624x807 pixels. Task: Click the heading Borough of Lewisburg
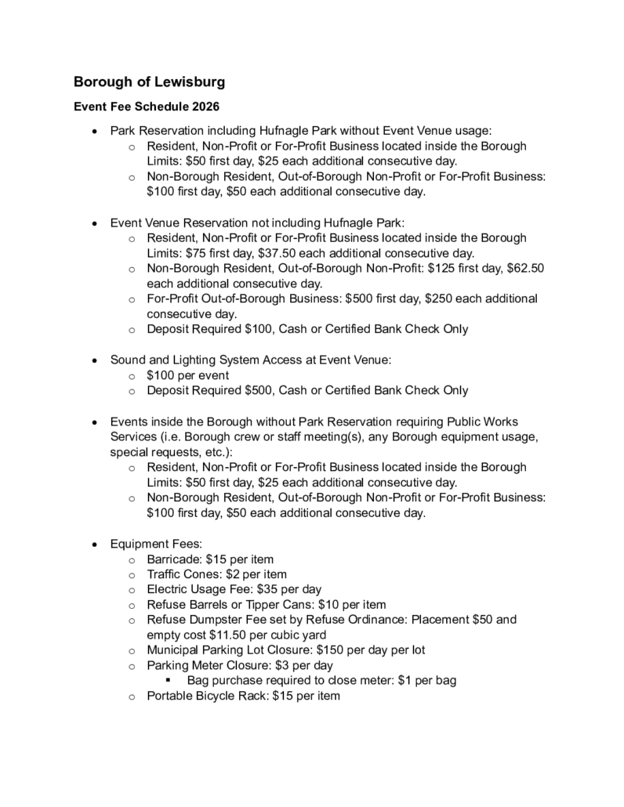click(149, 81)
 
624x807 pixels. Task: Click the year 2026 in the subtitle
click(203, 107)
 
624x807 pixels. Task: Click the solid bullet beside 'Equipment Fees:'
click(94, 544)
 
